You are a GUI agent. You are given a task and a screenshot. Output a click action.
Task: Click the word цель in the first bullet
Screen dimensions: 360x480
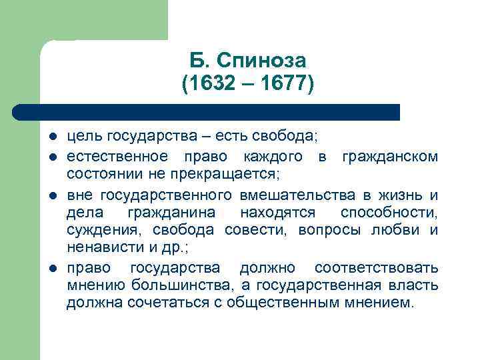point(81,137)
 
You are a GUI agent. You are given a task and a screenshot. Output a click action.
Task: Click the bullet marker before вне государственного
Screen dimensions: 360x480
point(53,195)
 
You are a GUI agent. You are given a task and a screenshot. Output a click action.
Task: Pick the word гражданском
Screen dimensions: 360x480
point(390,157)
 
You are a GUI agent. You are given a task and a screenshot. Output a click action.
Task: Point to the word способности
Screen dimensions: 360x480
point(389,213)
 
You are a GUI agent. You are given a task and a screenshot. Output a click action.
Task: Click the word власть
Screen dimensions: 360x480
point(417,287)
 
